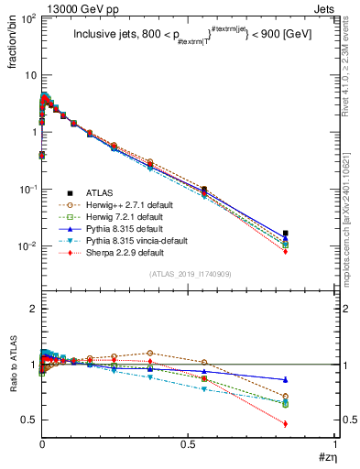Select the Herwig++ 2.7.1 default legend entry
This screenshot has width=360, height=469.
(x=125, y=205)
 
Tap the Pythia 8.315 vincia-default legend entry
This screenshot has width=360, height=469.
(x=132, y=241)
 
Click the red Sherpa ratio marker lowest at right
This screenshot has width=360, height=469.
(x=286, y=423)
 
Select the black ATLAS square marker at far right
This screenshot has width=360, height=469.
(x=286, y=234)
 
